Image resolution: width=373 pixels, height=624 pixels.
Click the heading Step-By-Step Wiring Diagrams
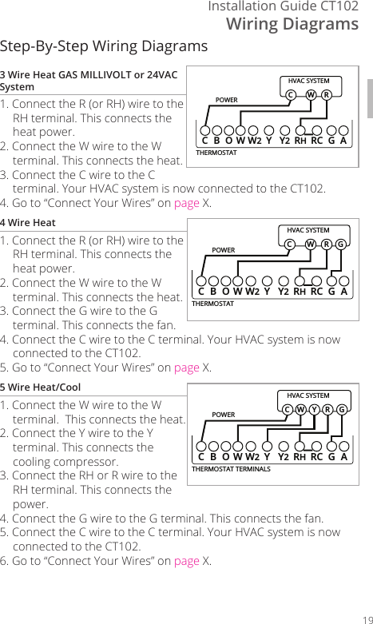[x=104, y=46]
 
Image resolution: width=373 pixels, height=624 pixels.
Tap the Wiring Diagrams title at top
[x=292, y=24]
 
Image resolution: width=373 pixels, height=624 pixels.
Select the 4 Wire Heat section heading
[x=28, y=222]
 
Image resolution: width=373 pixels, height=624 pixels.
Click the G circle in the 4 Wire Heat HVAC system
[x=341, y=244]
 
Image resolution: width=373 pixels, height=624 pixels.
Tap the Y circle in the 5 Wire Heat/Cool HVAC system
[x=314, y=410]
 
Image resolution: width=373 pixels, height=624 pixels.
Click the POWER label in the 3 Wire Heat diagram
[x=227, y=100]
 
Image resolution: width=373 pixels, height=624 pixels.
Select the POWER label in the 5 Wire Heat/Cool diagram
[x=224, y=415]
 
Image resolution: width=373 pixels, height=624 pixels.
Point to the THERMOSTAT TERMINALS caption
[x=232, y=469]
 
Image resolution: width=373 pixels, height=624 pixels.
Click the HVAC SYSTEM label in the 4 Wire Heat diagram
[x=308, y=230]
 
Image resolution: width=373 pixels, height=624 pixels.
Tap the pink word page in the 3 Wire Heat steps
[x=187, y=203]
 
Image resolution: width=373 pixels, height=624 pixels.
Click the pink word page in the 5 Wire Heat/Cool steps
[x=187, y=560]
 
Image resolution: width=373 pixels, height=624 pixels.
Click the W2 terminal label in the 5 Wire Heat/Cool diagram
[x=253, y=457]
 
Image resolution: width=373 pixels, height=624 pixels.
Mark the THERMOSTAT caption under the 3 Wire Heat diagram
[x=216, y=152]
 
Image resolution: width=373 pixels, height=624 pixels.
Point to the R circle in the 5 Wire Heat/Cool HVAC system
[x=327, y=410]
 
